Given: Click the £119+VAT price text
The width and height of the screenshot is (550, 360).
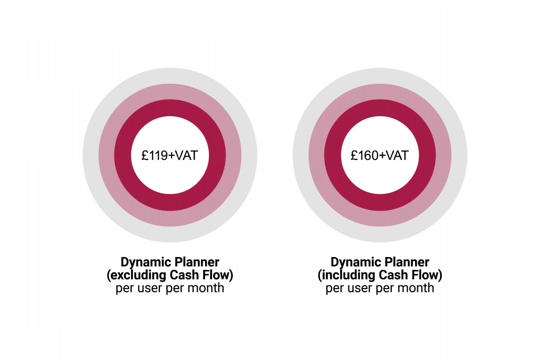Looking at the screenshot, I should click(169, 156).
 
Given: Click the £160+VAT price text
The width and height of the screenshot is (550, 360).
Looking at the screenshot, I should click(379, 156).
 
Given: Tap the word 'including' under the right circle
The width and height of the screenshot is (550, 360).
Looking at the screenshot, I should click(345, 276).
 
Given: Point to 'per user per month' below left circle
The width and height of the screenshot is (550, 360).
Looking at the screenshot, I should click(169, 289).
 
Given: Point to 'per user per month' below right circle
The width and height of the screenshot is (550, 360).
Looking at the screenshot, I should click(379, 289).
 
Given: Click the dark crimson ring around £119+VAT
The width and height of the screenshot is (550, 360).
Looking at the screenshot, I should click(169, 108).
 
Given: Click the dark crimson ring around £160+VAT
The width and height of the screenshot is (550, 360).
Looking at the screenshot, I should click(379, 108).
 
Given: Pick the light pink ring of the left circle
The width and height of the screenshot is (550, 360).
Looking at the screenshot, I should click(169, 92).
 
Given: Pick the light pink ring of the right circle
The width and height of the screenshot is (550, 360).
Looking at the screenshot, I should click(379, 92).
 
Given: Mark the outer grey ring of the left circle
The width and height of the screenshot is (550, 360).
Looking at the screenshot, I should click(169, 76).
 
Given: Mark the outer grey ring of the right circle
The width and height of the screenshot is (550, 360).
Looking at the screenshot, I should click(379, 76).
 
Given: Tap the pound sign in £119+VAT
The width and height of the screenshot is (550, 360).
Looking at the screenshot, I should click(144, 156).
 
